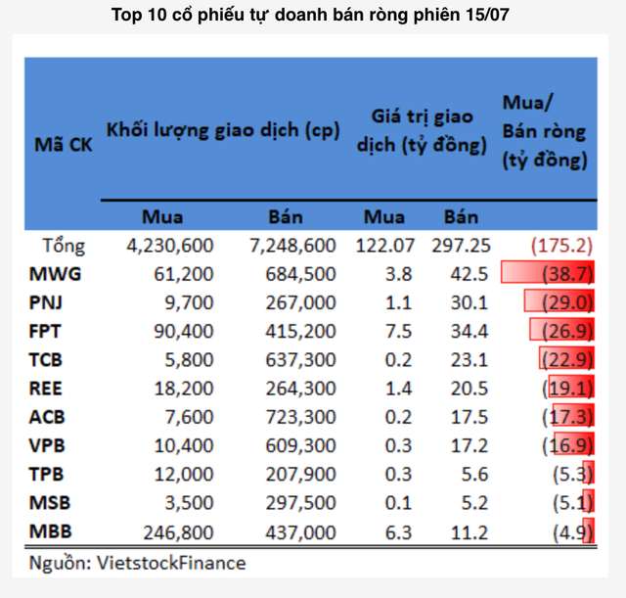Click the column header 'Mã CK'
coord(64,145)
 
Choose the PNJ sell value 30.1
coord(462,302)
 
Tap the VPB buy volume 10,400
coord(183,446)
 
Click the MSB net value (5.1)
coord(570,504)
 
